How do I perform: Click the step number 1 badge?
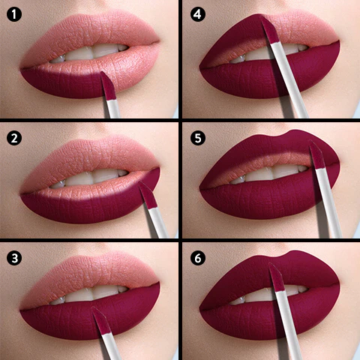pos(14,14)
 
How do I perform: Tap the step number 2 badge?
pos(14,138)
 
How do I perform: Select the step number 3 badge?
pos(14,258)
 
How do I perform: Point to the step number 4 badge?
pos(198,14)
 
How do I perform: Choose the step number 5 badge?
pos(198,138)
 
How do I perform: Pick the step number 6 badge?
pos(198,258)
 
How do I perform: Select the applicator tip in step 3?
pos(102,321)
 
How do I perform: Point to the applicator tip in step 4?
pos(269,29)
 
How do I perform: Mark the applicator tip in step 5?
pos(317,154)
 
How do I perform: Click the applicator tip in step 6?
pos(277,277)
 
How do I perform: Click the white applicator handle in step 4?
pos(289,80)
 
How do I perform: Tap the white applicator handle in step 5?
pos(328,203)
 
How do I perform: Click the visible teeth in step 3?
pos(89,295)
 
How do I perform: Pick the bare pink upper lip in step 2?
pos(91,160)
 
